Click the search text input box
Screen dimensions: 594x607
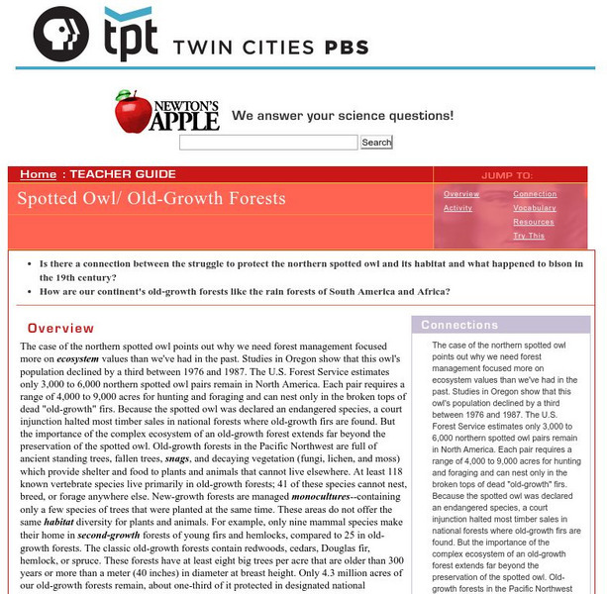[x=268, y=143]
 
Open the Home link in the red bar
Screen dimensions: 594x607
[x=38, y=174]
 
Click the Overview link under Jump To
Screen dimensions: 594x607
[x=461, y=194]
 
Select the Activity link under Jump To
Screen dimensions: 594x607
[x=457, y=208]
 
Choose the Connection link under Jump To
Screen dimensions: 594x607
[x=535, y=194]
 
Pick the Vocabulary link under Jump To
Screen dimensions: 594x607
[x=535, y=208]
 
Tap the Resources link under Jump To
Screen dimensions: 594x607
[x=533, y=222]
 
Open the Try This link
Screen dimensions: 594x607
[x=529, y=236]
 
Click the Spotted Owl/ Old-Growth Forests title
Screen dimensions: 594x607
[x=151, y=198]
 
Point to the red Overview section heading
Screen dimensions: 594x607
[x=60, y=328]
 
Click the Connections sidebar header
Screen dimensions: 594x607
[x=459, y=325]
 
